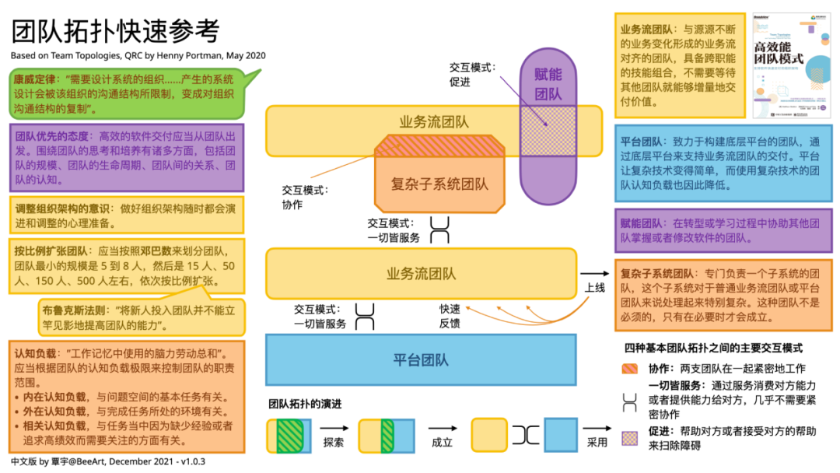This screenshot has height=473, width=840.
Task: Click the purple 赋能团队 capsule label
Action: coord(548,84)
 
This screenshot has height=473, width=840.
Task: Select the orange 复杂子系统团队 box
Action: coord(439,184)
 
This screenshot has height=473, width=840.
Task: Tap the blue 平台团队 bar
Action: coord(420,360)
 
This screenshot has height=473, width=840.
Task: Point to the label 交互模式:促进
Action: coord(471,75)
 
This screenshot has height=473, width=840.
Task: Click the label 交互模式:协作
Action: coord(305,197)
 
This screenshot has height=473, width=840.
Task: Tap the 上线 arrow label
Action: coord(595,287)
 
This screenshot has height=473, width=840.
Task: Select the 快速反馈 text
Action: coord(450,316)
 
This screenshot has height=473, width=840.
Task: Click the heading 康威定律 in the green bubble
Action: coord(34,79)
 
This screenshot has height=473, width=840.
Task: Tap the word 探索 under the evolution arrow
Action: coord(334,442)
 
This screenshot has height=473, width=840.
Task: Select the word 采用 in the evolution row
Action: coord(597,442)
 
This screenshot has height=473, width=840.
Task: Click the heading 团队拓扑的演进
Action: coord(306,404)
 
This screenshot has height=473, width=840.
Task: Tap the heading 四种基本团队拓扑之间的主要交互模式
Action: coord(712,349)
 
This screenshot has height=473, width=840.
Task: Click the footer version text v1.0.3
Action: coord(189,461)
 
